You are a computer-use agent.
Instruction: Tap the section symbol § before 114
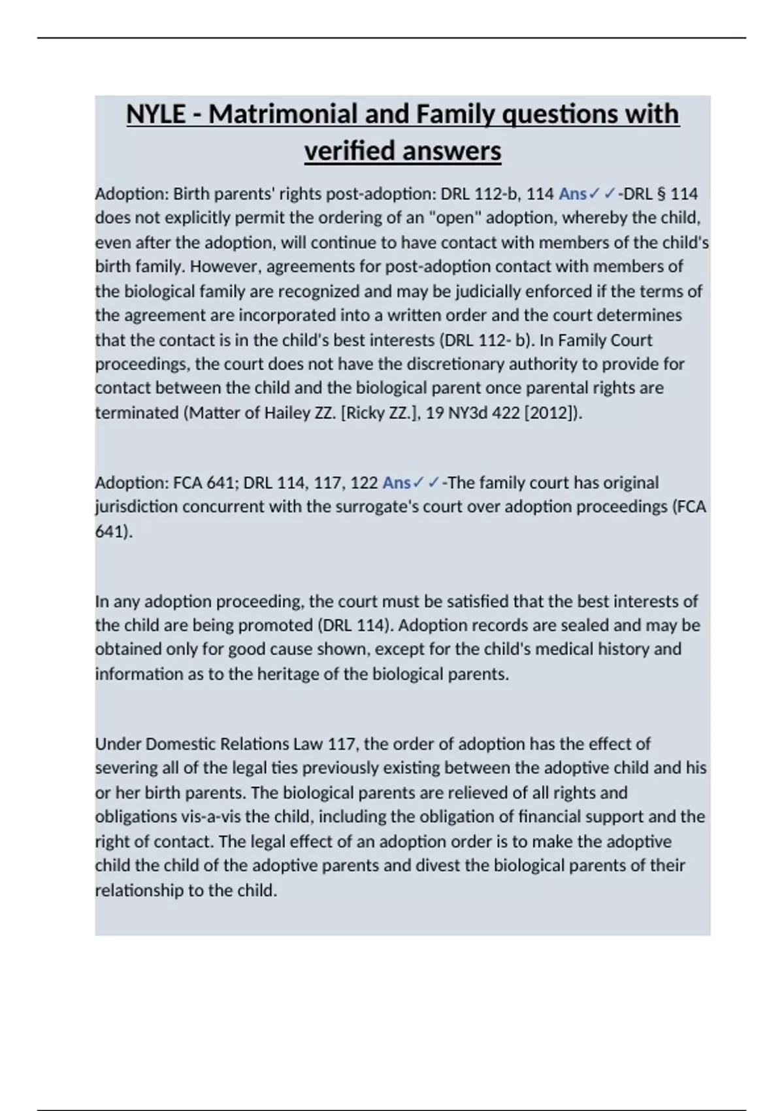[x=659, y=194]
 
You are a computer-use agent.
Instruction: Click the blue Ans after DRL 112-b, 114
[x=572, y=194]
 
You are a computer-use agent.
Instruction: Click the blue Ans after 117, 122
[x=396, y=483]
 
